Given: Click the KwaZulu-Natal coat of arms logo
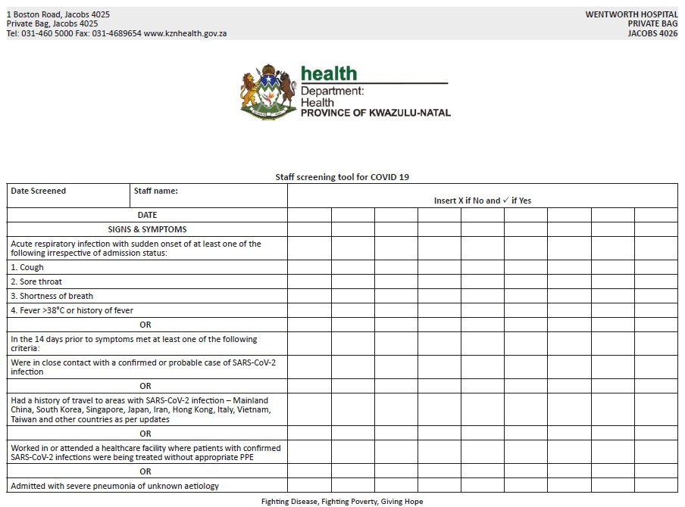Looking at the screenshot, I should pyautogui.click(x=267, y=92).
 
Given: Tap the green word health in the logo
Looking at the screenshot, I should pyautogui.click(x=328, y=73).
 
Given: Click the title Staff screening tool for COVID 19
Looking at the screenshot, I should pyautogui.click(x=342, y=177).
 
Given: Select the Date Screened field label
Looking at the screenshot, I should pyautogui.click(x=39, y=191).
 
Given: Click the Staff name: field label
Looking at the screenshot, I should pyautogui.click(x=155, y=191).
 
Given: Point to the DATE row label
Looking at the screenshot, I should pyautogui.click(x=147, y=215).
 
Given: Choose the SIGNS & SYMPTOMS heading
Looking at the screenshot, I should pyautogui.click(x=147, y=229).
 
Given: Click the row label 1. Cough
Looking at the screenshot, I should pyautogui.click(x=27, y=267).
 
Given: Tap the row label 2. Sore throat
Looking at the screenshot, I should pyautogui.click(x=36, y=281).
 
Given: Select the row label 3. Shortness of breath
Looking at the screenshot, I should pyautogui.click(x=52, y=296).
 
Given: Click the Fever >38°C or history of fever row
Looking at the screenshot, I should pyautogui.click(x=72, y=310).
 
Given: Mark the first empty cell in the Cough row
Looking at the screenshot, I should pyautogui.click(x=309, y=267).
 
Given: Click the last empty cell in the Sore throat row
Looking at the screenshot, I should pyautogui.click(x=656, y=281).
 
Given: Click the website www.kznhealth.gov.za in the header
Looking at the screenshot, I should pyautogui.click(x=185, y=33).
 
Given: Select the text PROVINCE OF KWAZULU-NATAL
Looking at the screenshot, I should pyautogui.click(x=375, y=113).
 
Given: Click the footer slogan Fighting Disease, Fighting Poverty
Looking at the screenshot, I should pyautogui.click(x=342, y=501).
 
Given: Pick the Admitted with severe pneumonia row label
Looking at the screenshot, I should pyautogui.click(x=115, y=486).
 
